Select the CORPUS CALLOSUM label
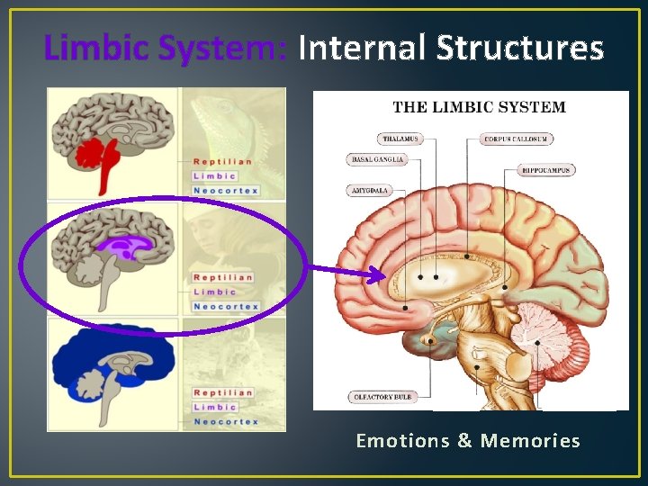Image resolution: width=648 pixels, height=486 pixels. pyautogui.click(x=517, y=139)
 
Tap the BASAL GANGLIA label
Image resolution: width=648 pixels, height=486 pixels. pyautogui.click(x=376, y=159)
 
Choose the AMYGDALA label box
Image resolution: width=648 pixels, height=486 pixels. pyautogui.click(x=368, y=191)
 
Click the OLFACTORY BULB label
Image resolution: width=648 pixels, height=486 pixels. pyautogui.click(x=382, y=397)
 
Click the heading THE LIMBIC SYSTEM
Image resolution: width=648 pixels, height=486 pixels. pyautogui.click(x=479, y=107)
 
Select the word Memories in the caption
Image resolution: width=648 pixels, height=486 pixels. pyautogui.click(x=530, y=441)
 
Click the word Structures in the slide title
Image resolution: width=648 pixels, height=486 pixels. pyautogui.click(x=519, y=48)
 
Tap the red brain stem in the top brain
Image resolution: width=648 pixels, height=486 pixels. pyautogui.click(x=103, y=171)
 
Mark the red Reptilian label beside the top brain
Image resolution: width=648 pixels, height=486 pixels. pyautogui.click(x=222, y=162)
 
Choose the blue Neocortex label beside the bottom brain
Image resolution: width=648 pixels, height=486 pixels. pyautogui.click(x=226, y=422)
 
